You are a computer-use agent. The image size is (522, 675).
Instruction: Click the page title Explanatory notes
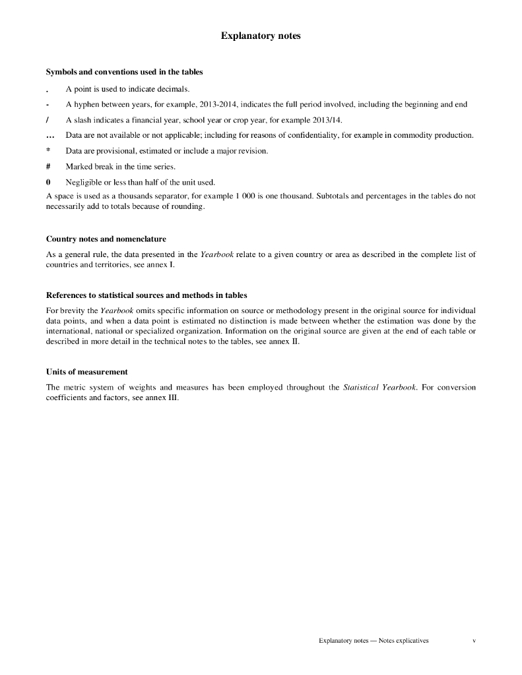click(x=261, y=36)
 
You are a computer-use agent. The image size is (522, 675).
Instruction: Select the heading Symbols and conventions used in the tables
click(x=124, y=71)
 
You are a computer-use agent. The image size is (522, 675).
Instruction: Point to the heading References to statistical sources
click(x=147, y=295)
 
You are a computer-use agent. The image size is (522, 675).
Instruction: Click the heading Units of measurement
click(x=86, y=372)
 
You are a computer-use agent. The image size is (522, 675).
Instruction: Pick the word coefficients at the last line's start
click(x=68, y=397)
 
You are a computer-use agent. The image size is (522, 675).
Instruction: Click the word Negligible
click(x=84, y=182)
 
